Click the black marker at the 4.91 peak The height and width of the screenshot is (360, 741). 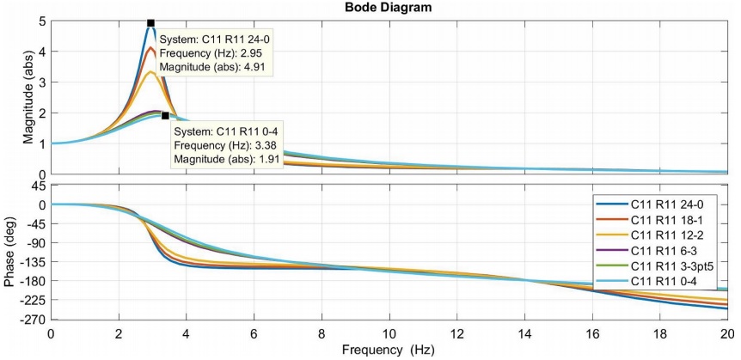(x=150, y=23)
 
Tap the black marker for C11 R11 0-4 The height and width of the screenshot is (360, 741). (x=165, y=115)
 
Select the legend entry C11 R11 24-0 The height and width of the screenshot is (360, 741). (x=666, y=204)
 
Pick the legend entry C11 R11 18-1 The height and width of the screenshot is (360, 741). (x=666, y=219)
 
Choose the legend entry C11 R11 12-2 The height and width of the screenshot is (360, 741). (x=666, y=234)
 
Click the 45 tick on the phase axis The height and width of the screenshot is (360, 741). (x=39, y=186)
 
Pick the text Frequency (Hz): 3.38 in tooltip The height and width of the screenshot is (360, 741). (x=227, y=146)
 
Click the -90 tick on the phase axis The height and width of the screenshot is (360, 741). (x=37, y=242)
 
